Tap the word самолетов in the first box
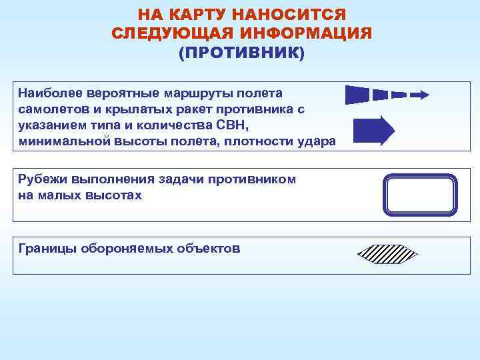51,109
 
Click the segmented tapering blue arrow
387,95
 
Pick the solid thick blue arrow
373,131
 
